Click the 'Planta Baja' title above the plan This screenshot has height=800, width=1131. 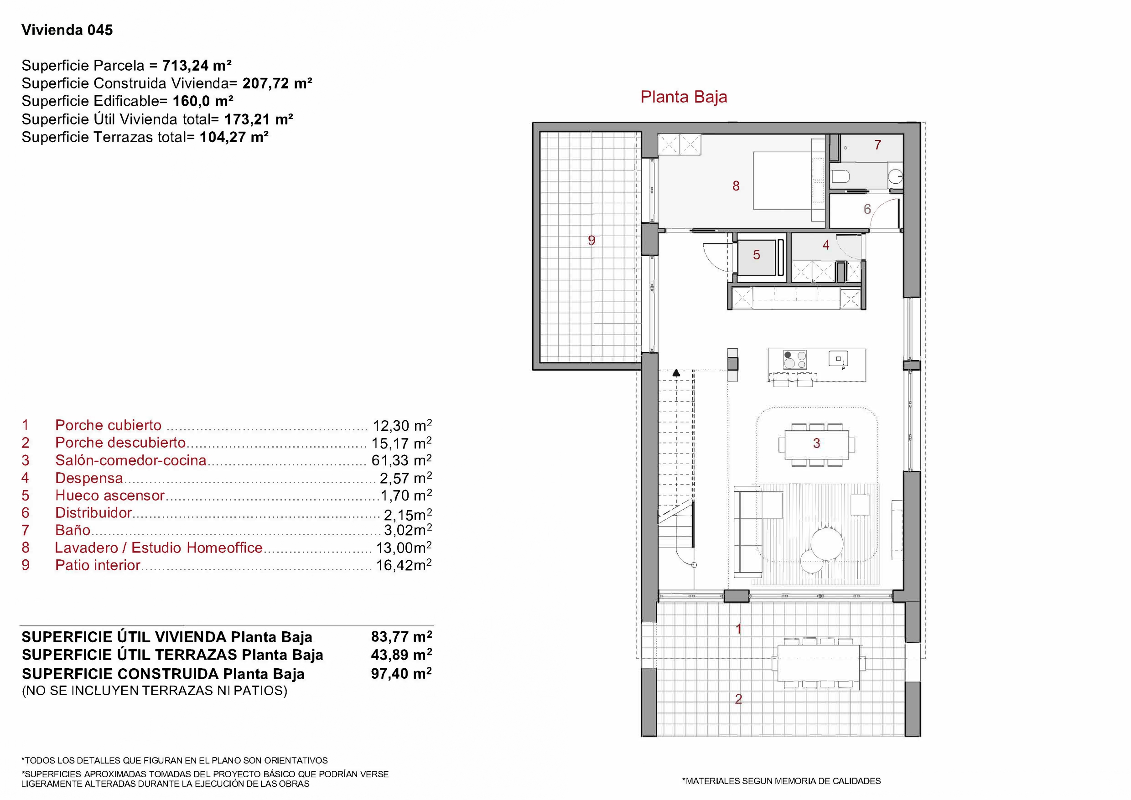click(x=684, y=97)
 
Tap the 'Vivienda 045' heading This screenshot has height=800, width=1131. click(x=67, y=30)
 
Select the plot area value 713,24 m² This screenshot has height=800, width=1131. click(x=197, y=66)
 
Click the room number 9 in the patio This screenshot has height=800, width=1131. click(x=591, y=240)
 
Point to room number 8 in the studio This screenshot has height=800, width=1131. click(x=736, y=186)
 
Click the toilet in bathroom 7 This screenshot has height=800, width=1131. click(x=839, y=176)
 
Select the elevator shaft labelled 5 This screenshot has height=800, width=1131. click(x=756, y=256)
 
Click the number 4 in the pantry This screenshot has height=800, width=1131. click(x=826, y=245)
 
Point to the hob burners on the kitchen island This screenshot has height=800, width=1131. click(x=794, y=359)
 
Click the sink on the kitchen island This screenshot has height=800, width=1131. click(x=838, y=358)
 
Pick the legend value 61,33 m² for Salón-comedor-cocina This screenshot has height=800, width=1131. click(x=401, y=460)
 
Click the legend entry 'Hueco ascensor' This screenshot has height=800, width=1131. click(x=109, y=495)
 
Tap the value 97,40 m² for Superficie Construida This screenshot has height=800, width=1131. click(x=401, y=673)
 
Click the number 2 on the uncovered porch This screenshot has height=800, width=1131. click(x=738, y=699)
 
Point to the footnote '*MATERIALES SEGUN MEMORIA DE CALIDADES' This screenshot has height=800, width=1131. click(x=781, y=781)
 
